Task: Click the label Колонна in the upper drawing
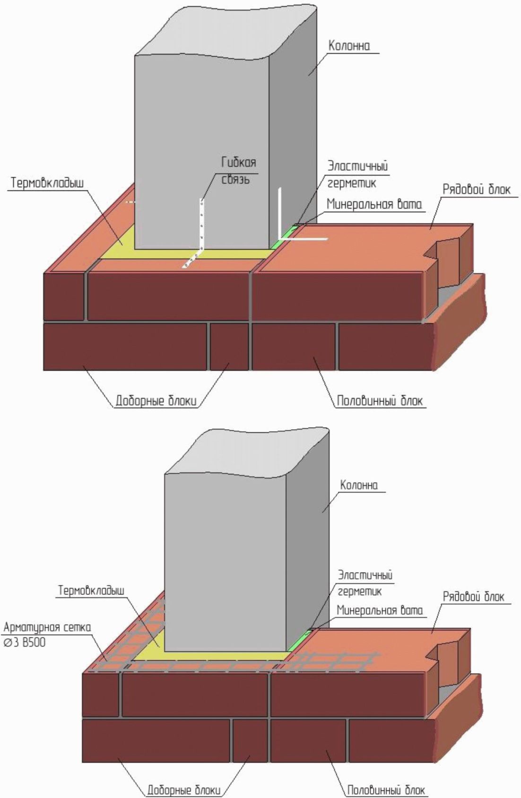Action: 349,46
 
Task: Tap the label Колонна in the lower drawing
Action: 359,486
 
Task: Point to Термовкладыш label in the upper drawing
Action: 47,183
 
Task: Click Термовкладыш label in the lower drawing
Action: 91,590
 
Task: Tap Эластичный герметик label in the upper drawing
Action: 357,174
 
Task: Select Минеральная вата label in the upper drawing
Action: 374,205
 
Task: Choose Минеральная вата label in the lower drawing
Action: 379,610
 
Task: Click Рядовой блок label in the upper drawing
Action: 476,190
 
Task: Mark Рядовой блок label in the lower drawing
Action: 473,597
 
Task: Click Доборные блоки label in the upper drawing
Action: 156,401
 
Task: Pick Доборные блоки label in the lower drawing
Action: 183,790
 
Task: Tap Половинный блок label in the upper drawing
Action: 380,401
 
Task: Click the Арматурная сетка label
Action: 47,627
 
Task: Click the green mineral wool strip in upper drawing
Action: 284,237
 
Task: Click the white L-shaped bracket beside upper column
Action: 281,222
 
